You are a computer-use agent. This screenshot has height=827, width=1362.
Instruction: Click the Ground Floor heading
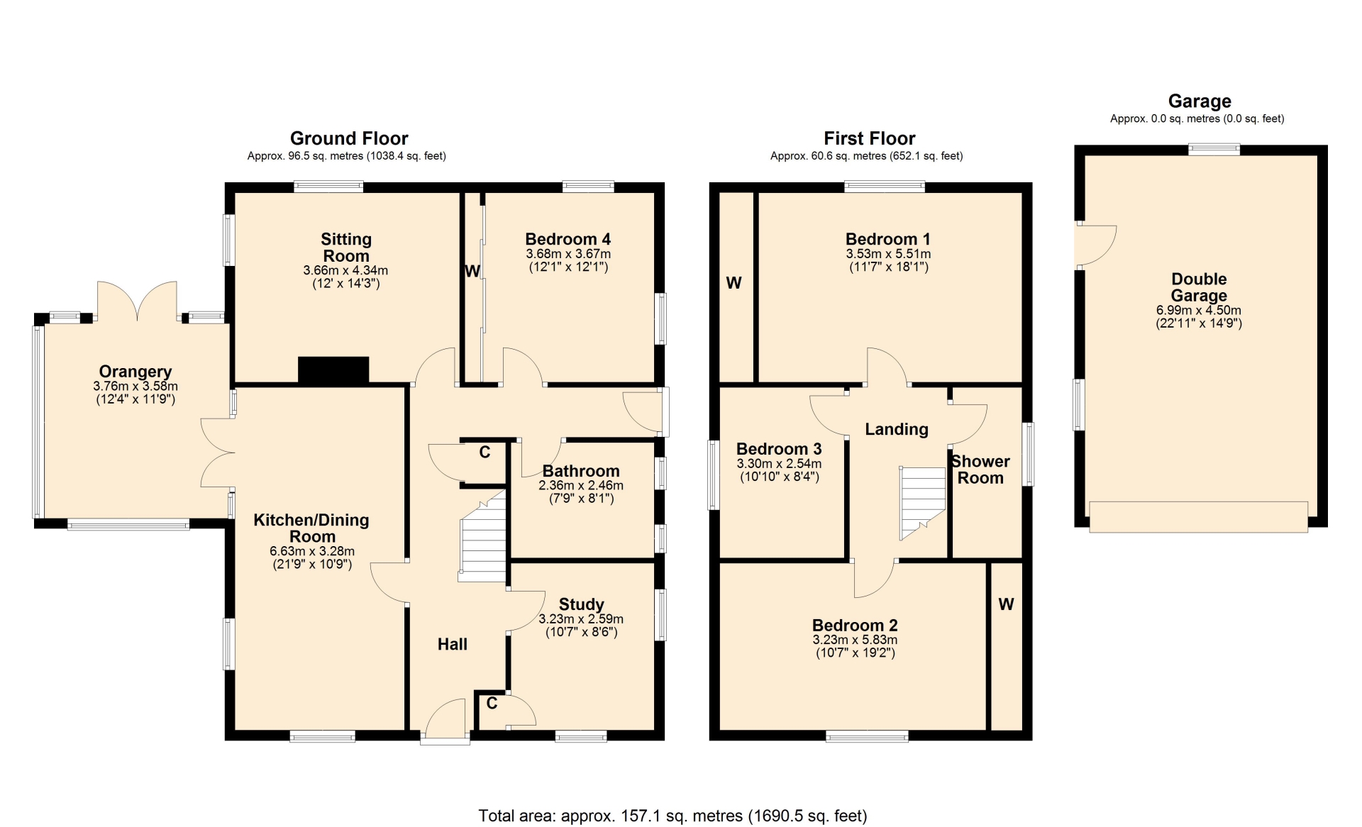(x=349, y=138)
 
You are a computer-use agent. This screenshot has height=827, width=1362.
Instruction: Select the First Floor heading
(x=869, y=138)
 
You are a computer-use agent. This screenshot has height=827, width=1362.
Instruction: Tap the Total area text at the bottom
(x=672, y=816)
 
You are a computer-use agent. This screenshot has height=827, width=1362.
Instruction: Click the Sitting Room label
(x=346, y=248)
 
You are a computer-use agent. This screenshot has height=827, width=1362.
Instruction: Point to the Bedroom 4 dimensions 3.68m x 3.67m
(x=568, y=254)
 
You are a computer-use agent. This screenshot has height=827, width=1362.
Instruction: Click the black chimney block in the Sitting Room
(x=333, y=370)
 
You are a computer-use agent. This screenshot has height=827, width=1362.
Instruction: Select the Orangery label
(x=135, y=372)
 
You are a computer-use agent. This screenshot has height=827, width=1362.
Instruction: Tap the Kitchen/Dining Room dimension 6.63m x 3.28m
(x=312, y=551)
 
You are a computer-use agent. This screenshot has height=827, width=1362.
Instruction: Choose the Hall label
(x=453, y=644)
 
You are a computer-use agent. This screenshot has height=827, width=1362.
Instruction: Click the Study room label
(x=582, y=604)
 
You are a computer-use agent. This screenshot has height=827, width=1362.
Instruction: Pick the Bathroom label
(x=581, y=471)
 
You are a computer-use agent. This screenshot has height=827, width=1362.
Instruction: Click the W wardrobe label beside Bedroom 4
(x=472, y=271)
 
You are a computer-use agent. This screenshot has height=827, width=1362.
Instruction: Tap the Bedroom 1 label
(x=888, y=239)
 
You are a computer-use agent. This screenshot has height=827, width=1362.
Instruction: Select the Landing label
(x=897, y=429)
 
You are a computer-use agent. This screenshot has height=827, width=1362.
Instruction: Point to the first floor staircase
(x=923, y=503)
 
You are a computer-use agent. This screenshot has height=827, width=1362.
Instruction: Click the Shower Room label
(x=980, y=470)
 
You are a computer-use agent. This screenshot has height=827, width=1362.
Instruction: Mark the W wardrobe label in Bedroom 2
(x=1006, y=604)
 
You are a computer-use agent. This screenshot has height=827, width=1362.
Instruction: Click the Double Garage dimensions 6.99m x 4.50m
(x=1199, y=311)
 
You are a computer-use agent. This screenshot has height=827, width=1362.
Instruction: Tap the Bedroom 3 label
(x=779, y=449)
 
